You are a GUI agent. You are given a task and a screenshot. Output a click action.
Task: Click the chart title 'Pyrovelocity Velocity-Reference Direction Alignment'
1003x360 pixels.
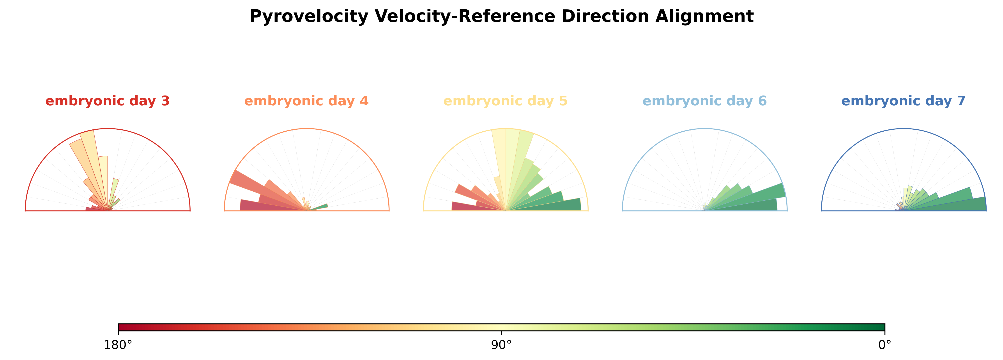click(502, 16)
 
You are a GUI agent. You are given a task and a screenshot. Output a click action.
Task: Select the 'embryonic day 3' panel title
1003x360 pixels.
click(108, 101)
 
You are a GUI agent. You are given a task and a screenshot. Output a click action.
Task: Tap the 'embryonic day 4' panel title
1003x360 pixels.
click(306, 101)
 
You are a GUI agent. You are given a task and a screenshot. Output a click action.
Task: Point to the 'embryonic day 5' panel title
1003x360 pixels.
click(505, 101)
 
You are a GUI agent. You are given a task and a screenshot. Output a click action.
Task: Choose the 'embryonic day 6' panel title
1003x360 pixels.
click(704, 101)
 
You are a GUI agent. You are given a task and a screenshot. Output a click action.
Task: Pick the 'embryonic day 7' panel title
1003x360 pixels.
click(903, 101)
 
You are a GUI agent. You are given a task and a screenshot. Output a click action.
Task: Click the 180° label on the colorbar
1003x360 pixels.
click(118, 345)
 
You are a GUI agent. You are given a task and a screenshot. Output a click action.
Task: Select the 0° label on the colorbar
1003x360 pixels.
click(885, 345)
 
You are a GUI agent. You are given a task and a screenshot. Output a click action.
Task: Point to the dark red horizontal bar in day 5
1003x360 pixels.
click(467, 206)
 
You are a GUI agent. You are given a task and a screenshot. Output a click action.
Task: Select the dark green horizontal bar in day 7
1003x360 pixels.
click(958, 205)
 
